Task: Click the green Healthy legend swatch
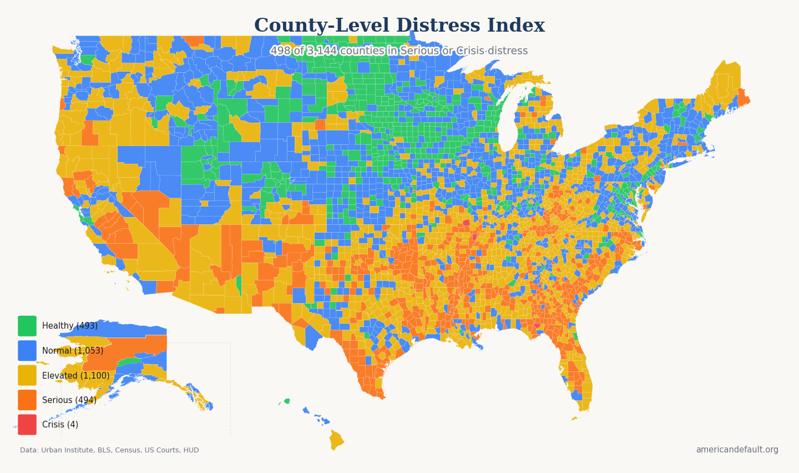27,326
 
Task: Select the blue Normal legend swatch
27,350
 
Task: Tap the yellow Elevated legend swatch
27,375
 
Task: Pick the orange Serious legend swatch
27,400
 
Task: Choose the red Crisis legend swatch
27,424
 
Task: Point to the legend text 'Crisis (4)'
60,425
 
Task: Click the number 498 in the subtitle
280,51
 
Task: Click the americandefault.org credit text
737,450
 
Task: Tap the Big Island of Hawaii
336,440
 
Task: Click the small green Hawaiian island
287,401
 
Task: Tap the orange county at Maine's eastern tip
742,98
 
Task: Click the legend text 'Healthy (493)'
69,326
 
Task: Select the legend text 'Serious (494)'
69,400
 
